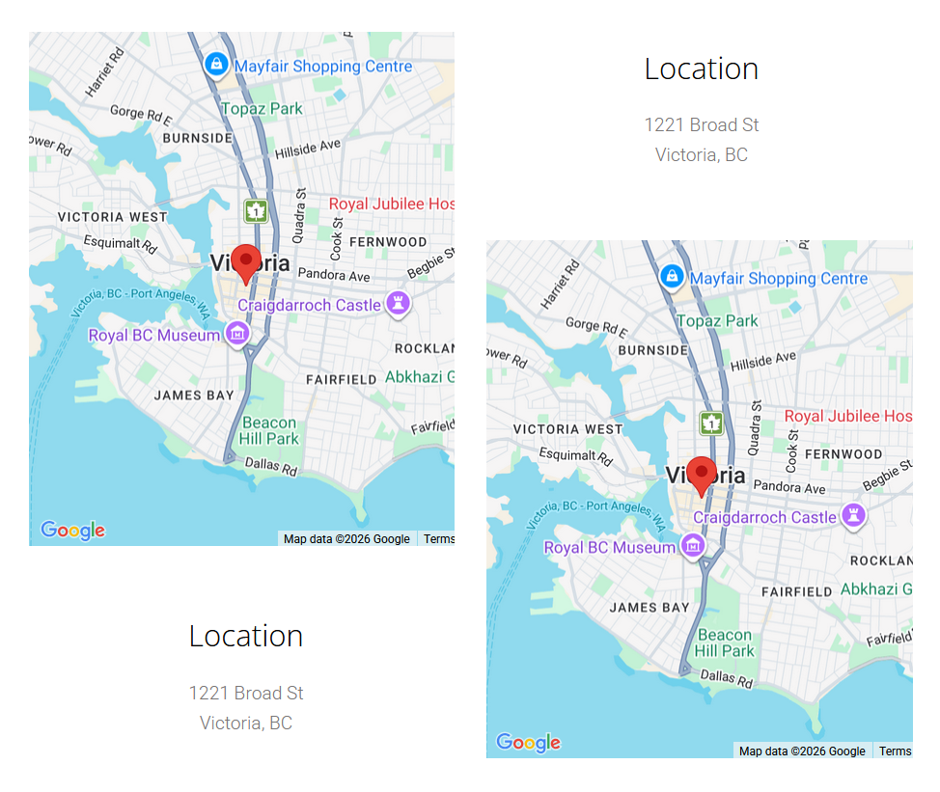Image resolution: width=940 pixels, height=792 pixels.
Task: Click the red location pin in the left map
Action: point(246,261)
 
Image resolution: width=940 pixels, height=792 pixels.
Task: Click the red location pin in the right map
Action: point(703,474)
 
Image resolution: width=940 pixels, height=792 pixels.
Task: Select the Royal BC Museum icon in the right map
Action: point(692,547)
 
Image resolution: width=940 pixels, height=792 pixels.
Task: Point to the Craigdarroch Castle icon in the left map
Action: point(397,304)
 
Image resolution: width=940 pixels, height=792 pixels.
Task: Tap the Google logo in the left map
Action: point(72,530)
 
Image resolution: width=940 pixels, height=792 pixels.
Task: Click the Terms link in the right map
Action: point(895,751)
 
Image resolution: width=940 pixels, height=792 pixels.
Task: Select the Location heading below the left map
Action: point(246,636)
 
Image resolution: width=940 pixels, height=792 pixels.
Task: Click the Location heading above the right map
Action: point(702,68)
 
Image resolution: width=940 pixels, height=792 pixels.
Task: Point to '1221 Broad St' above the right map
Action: point(702,124)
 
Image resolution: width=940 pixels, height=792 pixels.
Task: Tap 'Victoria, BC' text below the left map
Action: point(246,723)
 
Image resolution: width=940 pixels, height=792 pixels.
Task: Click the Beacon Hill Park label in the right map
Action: point(725,642)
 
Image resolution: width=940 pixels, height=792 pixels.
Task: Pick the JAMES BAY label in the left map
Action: point(194,395)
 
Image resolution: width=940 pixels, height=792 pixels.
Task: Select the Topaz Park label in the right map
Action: point(717,320)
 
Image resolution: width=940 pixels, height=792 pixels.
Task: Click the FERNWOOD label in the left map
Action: point(388,241)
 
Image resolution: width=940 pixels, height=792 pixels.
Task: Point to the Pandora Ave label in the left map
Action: point(334,275)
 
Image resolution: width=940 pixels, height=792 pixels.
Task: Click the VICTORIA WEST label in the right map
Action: point(568,428)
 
